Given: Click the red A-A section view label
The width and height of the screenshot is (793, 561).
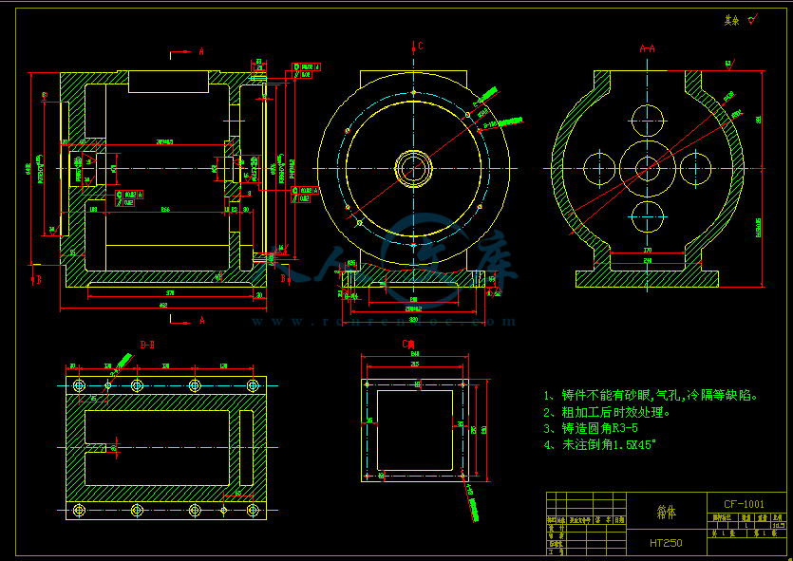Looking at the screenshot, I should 648,48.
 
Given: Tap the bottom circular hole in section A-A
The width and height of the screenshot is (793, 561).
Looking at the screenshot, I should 649,215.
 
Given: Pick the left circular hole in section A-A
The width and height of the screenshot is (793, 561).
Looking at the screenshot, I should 600,168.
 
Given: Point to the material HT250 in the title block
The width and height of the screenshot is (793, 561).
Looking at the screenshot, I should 667,543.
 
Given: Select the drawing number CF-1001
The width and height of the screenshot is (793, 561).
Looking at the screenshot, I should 744,503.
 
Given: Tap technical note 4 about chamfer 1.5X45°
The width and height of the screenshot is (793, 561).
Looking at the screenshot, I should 599,444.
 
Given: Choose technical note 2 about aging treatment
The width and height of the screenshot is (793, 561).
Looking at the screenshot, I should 607,412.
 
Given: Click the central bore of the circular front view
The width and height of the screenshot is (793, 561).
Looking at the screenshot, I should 415,169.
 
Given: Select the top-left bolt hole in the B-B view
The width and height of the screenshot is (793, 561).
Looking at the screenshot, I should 79,385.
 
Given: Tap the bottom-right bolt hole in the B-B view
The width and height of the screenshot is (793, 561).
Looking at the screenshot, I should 253,510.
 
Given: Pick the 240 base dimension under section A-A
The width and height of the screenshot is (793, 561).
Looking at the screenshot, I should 649,260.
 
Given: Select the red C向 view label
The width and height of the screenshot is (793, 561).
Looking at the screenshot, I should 409,344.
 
